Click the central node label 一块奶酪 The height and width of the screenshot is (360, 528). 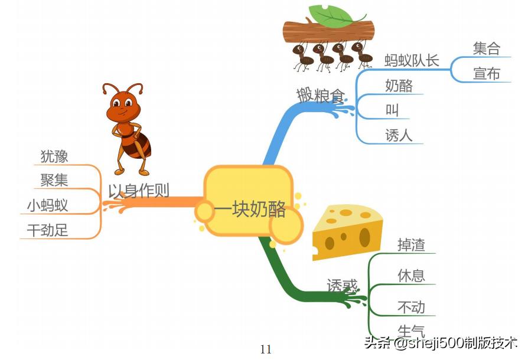pyautogui.click(x=250, y=210)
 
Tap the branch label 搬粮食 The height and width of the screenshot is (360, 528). pyautogui.click(x=320, y=94)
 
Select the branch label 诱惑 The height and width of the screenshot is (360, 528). pyautogui.click(x=342, y=286)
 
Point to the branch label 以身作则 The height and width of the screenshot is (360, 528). pyautogui.click(x=139, y=191)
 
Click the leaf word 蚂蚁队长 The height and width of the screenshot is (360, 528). pyautogui.click(x=412, y=61)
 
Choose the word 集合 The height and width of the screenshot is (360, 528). pyautogui.click(x=486, y=48)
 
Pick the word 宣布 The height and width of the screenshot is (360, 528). pyautogui.click(x=486, y=74)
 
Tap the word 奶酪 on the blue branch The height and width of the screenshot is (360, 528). pyautogui.click(x=399, y=86)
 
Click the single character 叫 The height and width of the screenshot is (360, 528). pyautogui.click(x=392, y=110)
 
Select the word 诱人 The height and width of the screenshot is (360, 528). pyautogui.click(x=399, y=135)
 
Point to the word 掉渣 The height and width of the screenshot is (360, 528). pyautogui.click(x=411, y=245)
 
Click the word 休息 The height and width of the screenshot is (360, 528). pyautogui.click(x=411, y=276)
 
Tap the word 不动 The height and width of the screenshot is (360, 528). pyautogui.click(x=411, y=307)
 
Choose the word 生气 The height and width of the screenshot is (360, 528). pyautogui.click(x=411, y=331)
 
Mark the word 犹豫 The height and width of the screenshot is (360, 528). pyautogui.click(x=54, y=156)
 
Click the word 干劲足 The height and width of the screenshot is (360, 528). pyautogui.click(x=47, y=230)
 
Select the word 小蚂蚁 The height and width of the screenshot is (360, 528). pyautogui.click(x=47, y=205)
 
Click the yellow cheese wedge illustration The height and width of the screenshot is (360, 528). pyautogui.click(x=347, y=232)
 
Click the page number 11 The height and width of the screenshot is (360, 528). pyautogui.click(x=266, y=349)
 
